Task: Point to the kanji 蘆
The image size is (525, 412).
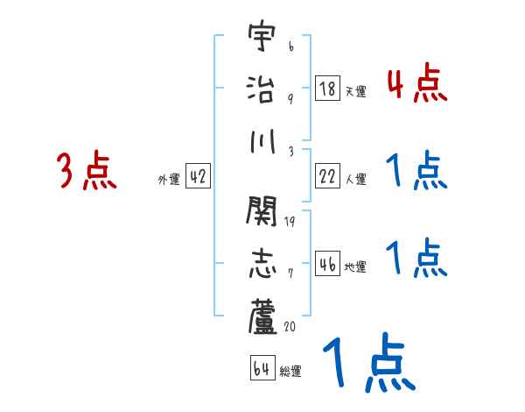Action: tap(262, 315)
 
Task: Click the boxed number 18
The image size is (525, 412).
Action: tap(328, 89)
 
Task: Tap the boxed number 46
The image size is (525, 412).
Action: tap(328, 264)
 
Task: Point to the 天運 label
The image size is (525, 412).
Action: tap(355, 91)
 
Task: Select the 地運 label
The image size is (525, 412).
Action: tap(355, 266)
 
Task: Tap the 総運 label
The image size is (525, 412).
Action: tap(290, 372)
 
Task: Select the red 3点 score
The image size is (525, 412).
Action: tap(87, 171)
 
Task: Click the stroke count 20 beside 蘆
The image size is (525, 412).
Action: tap(290, 327)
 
